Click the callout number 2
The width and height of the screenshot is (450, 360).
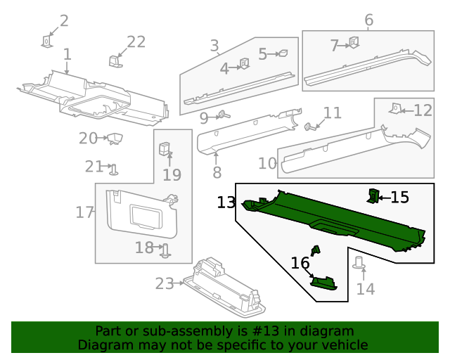pos(64,20)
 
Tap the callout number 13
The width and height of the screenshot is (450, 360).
pos(226,202)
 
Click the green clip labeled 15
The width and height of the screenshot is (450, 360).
pos(373,195)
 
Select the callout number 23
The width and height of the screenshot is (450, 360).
pos(165,283)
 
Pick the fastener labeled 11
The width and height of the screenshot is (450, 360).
pos(309,127)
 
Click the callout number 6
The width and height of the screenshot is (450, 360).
pos(368,20)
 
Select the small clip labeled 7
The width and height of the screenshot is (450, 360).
pos(354,44)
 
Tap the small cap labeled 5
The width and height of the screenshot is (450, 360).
pos(283,53)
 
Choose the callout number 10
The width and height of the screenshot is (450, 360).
pos(267,164)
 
